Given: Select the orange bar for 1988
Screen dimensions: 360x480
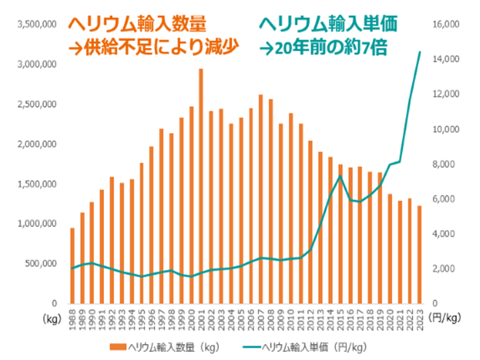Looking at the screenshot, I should pos(72,265).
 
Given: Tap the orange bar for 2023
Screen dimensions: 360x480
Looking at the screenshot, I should pos(419,255).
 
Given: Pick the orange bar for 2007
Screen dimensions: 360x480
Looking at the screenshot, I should pos(260,199).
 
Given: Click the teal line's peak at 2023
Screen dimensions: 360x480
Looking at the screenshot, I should pos(420,52).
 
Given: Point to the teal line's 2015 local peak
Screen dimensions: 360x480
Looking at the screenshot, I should pos(340,176).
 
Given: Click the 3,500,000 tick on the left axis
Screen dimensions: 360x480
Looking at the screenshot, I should pos(36,24).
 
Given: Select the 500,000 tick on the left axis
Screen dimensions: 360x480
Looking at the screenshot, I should pos(42,263).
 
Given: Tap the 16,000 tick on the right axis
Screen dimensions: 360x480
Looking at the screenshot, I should pos(447,24).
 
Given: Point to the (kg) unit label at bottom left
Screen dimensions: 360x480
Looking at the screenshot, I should pos(52,318).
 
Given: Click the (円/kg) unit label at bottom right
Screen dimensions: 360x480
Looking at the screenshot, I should pos(447,318).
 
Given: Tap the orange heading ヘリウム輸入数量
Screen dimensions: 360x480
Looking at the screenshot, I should pos(142,23).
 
